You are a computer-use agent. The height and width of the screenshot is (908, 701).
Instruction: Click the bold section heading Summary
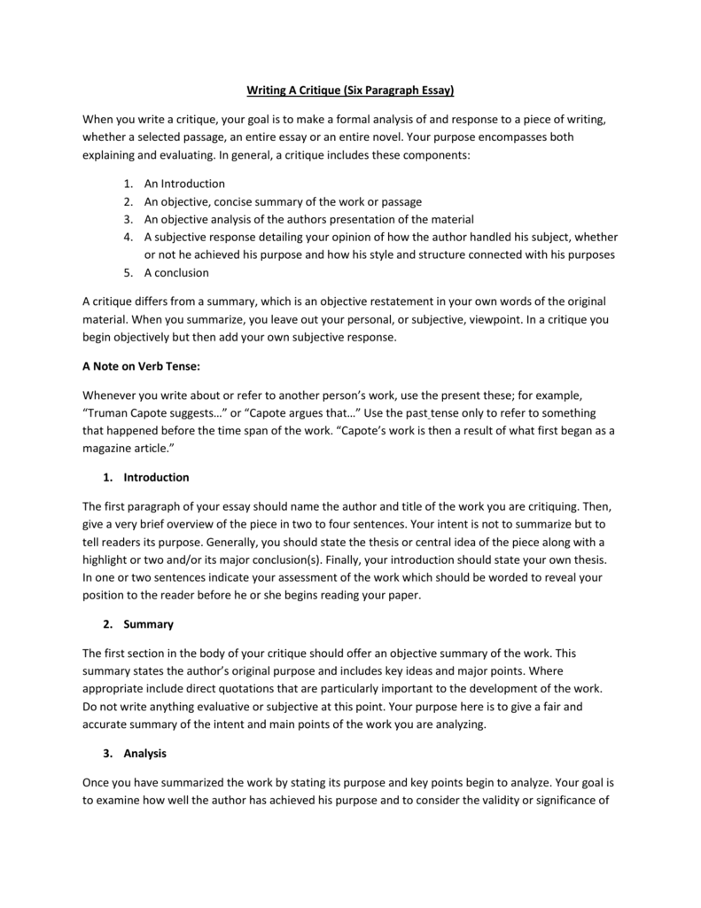point(148,624)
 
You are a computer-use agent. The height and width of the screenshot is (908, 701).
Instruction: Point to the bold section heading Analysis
point(145,754)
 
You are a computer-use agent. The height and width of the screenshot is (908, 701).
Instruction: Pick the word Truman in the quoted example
point(108,413)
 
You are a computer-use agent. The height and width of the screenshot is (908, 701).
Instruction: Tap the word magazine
point(107,449)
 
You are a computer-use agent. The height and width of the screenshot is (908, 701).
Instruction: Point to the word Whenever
point(111,395)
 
